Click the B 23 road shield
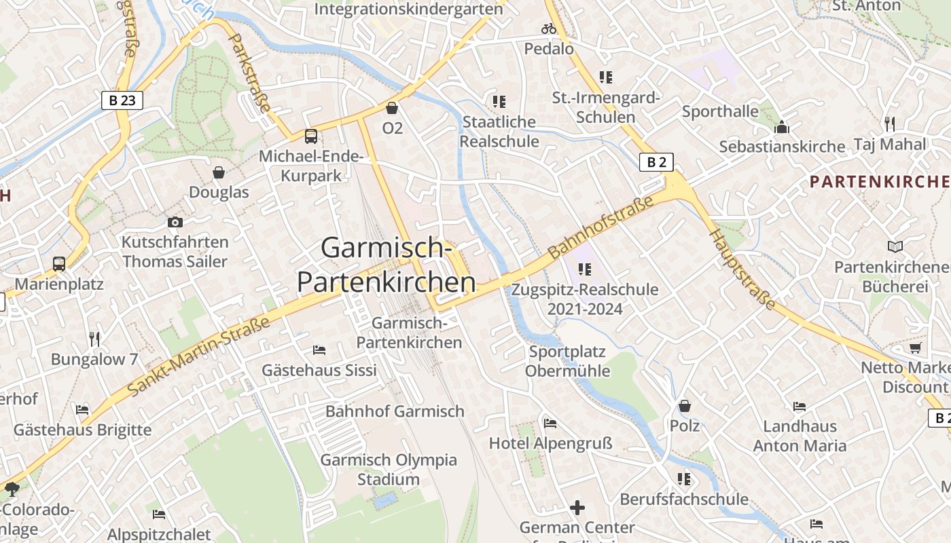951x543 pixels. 122,100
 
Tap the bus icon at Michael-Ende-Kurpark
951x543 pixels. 310,136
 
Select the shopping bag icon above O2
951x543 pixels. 392,108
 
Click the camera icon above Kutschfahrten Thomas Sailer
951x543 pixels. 175,222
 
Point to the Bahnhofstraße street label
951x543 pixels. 601,227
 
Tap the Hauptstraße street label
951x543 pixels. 742,269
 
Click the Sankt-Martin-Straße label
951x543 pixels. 198,357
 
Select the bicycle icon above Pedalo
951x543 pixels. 548,29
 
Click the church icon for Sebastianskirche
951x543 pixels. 782,127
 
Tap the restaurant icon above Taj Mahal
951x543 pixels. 889,124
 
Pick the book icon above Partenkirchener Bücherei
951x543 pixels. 895,247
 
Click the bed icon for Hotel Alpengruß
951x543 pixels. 550,424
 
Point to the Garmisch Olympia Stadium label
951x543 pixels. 389,469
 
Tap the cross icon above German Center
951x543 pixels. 577,507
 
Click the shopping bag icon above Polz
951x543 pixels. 685,406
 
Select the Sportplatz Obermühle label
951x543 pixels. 567,361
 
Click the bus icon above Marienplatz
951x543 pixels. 59,263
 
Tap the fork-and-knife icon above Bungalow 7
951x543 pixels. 94,339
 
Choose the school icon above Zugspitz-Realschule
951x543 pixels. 584,269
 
